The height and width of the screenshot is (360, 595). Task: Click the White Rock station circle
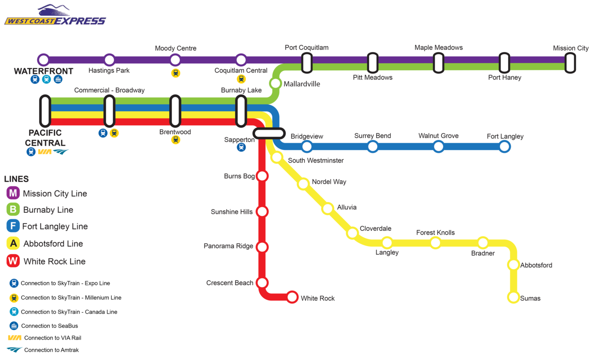click(292, 297)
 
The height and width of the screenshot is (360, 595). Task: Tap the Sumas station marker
click(513, 297)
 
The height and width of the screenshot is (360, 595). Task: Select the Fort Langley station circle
click(504, 147)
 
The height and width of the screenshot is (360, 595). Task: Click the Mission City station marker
click(570, 63)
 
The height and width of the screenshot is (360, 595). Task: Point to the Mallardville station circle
click(276, 83)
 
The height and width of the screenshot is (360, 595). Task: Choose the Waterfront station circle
click(43, 59)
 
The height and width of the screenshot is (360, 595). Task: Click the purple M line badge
click(13, 193)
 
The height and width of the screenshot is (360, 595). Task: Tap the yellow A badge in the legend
click(13, 243)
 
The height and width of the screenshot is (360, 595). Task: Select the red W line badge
click(13, 261)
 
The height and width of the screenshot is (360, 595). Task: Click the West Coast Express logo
click(55, 15)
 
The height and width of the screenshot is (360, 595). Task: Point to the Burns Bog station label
click(239, 176)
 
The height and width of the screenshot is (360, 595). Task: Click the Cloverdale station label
click(376, 229)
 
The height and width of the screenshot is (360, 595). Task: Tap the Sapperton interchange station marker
click(269, 134)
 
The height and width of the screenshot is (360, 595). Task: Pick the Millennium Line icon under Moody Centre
click(175, 73)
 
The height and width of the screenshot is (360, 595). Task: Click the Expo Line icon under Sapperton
click(241, 147)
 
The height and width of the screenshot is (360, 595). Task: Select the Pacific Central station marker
click(45, 111)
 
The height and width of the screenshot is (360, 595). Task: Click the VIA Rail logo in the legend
click(14, 338)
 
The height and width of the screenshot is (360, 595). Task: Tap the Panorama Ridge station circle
click(262, 247)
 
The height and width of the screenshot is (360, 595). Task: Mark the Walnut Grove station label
click(438, 136)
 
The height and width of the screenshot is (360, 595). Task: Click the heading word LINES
click(16, 179)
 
